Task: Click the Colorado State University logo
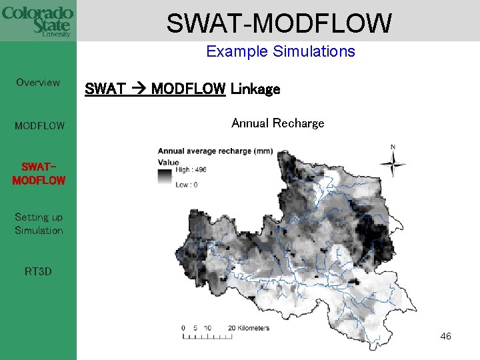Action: coord(37,21)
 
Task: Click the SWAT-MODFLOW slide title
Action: coord(279,23)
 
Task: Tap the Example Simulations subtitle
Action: coord(280,51)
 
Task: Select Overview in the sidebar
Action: coord(38,83)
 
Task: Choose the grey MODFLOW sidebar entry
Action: coord(39,125)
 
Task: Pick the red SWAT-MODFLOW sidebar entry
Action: coord(39,173)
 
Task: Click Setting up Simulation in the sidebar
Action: coord(39,224)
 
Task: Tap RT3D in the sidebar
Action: coord(38,272)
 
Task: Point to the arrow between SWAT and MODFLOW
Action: coord(139,89)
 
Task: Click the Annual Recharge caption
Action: coord(277,123)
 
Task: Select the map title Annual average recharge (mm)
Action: coord(215,151)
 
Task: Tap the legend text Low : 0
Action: coord(186,185)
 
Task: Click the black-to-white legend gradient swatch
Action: coord(164,177)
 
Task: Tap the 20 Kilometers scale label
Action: coord(249,328)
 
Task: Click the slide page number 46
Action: coord(445,337)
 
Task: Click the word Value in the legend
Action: coord(169,162)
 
